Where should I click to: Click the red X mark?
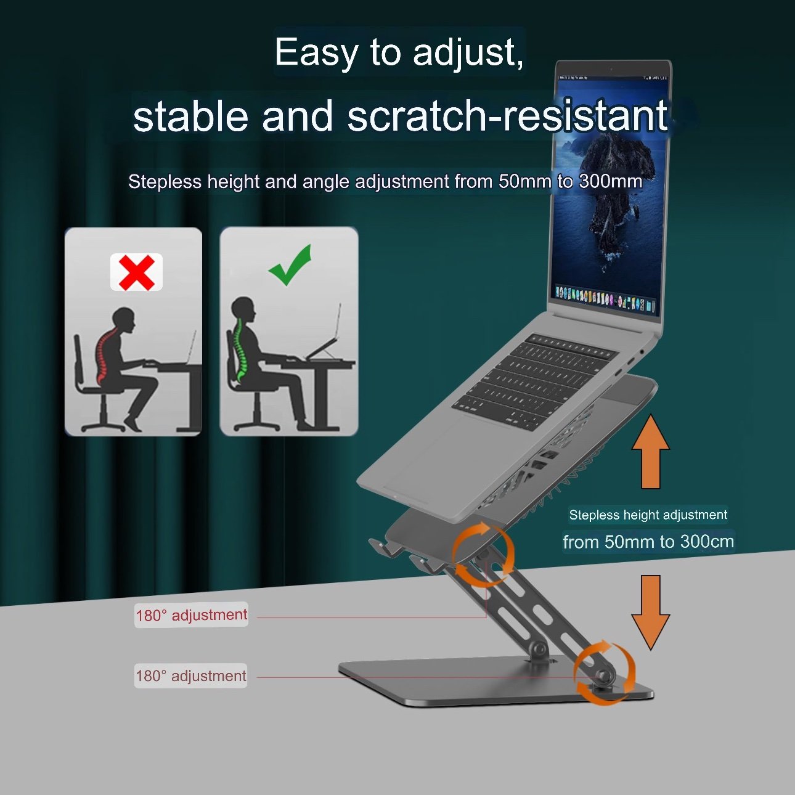pyautogui.click(x=137, y=272)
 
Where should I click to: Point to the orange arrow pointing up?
pyautogui.click(x=651, y=452)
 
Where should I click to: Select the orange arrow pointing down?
pyautogui.click(x=651, y=612)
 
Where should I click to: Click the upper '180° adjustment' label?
pyautogui.click(x=192, y=615)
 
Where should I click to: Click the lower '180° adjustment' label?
pyautogui.click(x=190, y=676)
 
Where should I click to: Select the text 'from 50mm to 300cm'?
pyautogui.click(x=648, y=542)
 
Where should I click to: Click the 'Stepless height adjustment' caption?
pyautogui.click(x=648, y=515)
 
